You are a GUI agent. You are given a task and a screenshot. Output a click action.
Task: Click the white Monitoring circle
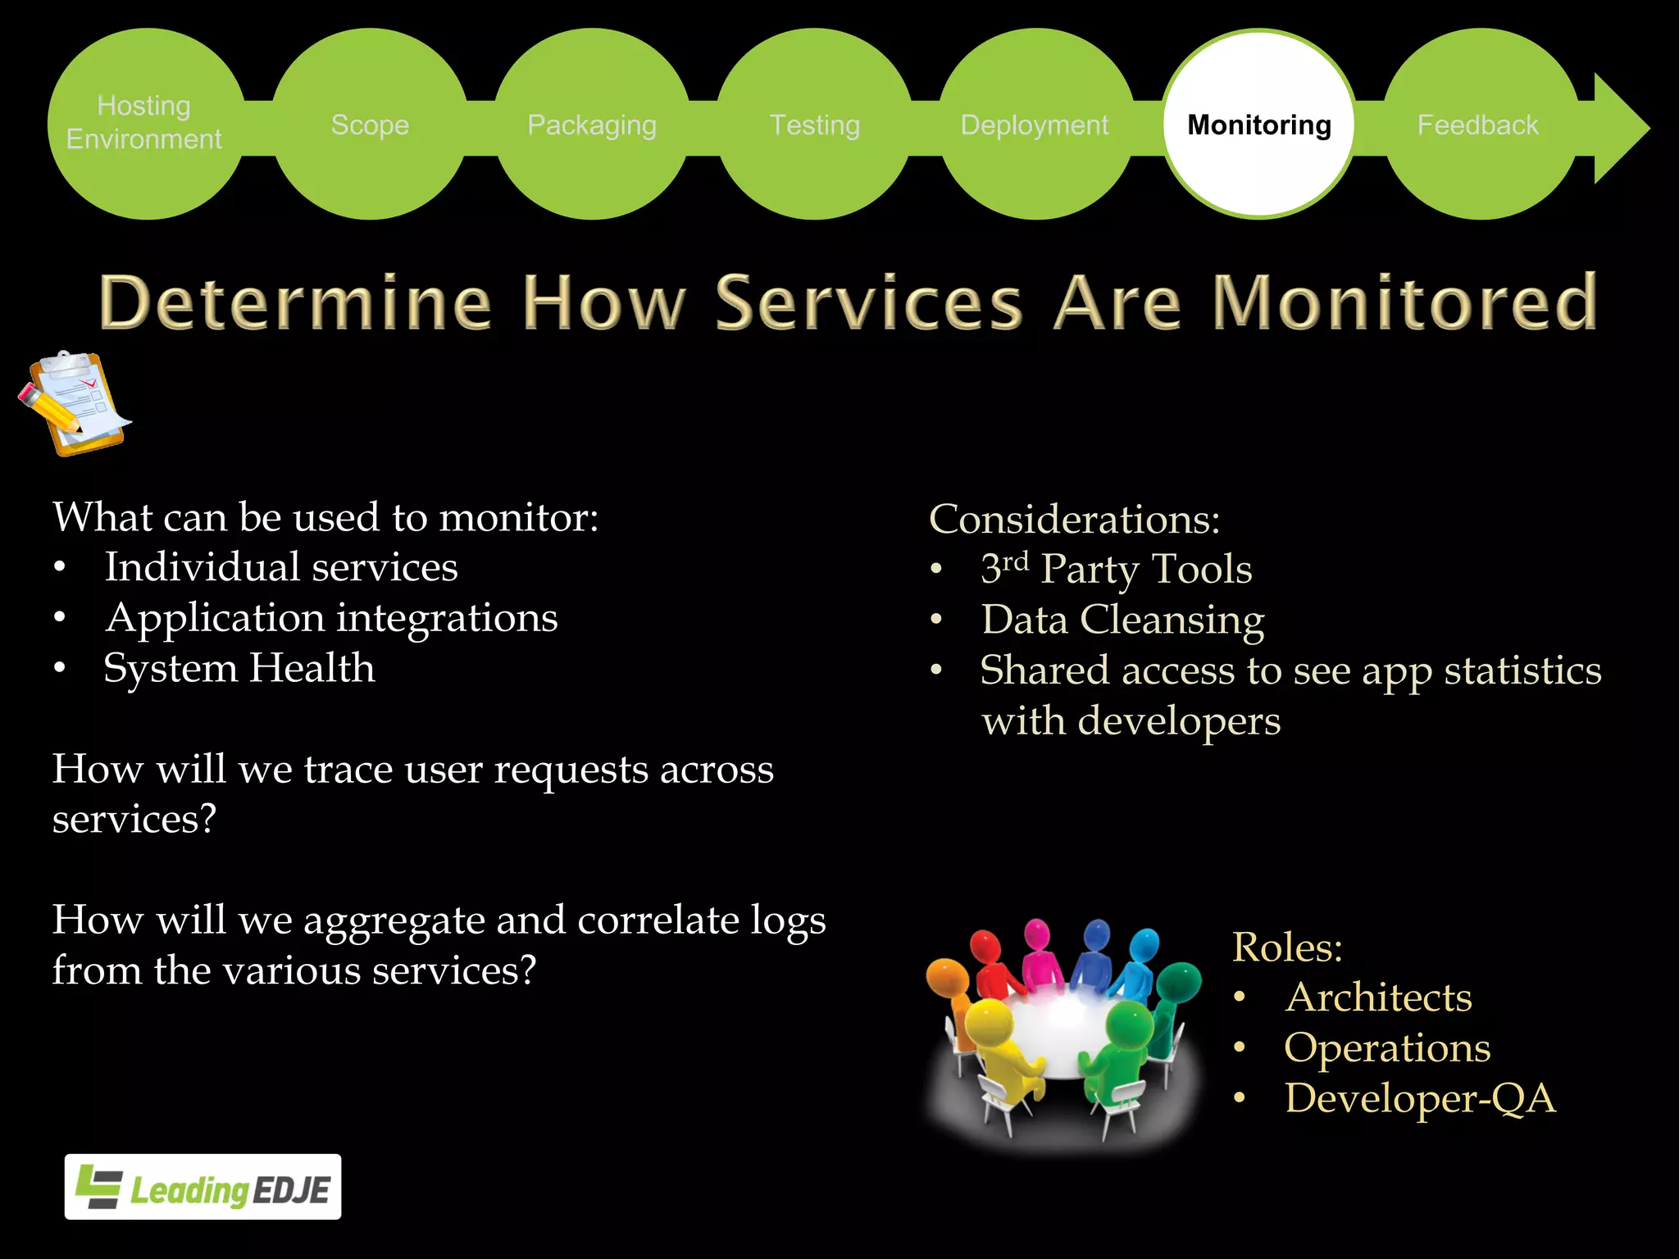(x=1259, y=125)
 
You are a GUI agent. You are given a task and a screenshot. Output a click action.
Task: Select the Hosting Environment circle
(x=145, y=123)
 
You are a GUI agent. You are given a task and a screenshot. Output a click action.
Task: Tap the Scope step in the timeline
(x=370, y=125)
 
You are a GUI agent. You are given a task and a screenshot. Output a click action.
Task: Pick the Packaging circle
(x=592, y=125)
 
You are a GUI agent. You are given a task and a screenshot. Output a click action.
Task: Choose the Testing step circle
(x=815, y=125)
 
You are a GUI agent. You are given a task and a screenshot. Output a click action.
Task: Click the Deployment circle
(x=1035, y=125)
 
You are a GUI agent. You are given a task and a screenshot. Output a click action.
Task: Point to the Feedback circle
(x=1478, y=125)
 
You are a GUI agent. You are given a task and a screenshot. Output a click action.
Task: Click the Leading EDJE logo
(x=203, y=1187)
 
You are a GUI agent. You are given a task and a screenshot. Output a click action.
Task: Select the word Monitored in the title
(x=1404, y=302)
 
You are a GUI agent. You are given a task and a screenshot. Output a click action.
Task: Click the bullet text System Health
(x=239, y=668)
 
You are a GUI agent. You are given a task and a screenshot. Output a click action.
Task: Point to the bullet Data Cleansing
(x=1122, y=620)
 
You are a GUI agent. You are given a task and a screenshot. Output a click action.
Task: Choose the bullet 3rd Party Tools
(x=1116, y=569)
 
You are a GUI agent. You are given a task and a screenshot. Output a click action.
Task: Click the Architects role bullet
(x=1378, y=998)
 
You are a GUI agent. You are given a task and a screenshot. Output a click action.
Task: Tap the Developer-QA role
(x=1419, y=1098)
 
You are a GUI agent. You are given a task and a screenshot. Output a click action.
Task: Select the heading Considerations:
(x=1074, y=520)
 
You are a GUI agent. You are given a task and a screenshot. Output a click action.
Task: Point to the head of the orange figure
(x=947, y=975)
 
